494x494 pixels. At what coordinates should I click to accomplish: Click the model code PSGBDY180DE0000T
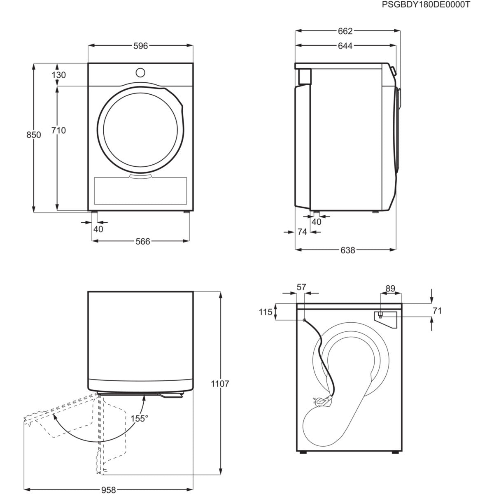pos(426,5)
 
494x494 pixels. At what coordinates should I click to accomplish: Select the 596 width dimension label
pos(140,46)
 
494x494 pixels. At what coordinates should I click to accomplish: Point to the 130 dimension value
pos(59,75)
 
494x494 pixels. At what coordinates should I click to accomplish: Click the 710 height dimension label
pos(59,130)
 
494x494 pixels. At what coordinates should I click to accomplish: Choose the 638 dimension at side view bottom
pos(347,250)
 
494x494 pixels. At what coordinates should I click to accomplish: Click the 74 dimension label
pos(302,232)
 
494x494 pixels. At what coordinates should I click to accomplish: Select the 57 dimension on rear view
pos(302,287)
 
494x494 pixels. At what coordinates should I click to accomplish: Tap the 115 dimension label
pos(266,312)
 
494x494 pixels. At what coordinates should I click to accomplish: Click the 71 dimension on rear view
pos(437,311)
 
